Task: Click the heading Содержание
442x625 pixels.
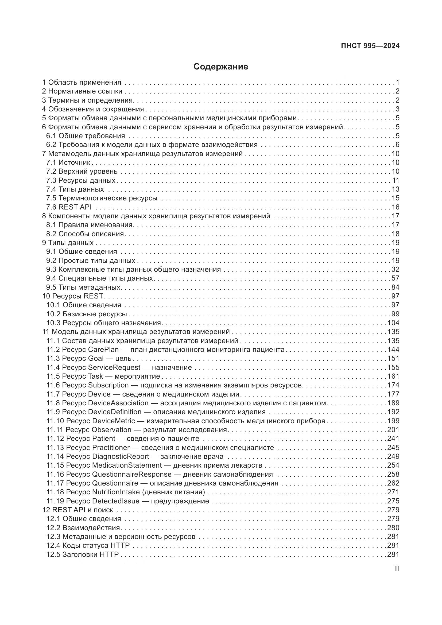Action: click(x=221, y=67)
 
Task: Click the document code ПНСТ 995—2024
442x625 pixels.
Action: click(x=370, y=46)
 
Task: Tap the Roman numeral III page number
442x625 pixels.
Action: click(x=397, y=568)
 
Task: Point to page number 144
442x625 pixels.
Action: click(x=393, y=350)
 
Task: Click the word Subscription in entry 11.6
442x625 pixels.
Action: click(x=108, y=385)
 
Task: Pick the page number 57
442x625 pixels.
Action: click(x=395, y=278)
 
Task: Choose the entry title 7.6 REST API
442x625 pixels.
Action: click(x=69, y=207)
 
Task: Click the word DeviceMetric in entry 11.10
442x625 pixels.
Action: click(x=114, y=421)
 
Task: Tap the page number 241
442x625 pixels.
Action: click(x=393, y=438)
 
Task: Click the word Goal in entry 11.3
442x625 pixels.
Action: click(x=96, y=359)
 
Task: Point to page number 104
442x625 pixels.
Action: click(x=393, y=323)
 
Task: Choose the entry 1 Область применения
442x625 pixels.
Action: click(x=82, y=82)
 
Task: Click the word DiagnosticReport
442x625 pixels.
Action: click(x=121, y=456)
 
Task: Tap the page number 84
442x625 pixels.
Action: click(x=395, y=287)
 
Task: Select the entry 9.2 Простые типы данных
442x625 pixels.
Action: click(x=91, y=261)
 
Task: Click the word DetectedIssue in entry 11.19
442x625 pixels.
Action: click(x=116, y=501)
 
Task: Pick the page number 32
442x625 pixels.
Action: click(x=395, y=270)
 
